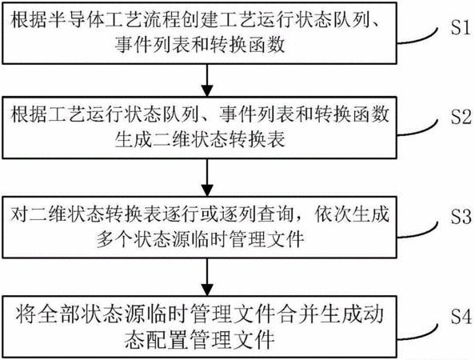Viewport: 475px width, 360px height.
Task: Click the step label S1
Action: pos(461,28)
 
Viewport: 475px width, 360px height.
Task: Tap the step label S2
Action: pos(461,118)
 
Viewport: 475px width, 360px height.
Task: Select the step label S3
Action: pos(461,217)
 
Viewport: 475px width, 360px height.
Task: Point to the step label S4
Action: pos(461,317)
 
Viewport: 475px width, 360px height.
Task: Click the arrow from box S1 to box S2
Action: pos(207,80)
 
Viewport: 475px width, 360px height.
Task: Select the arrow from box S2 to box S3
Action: pos(207,178)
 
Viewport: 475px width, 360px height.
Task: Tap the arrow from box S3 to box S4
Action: pos(207,277)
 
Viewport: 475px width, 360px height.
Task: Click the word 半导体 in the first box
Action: pos(77,20)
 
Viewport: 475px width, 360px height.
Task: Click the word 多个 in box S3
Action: pos(115,239)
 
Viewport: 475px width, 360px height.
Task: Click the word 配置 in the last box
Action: pos(163,339)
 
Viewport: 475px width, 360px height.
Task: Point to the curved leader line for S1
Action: pos(417,36)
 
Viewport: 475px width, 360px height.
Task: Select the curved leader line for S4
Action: pos(417,333)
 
